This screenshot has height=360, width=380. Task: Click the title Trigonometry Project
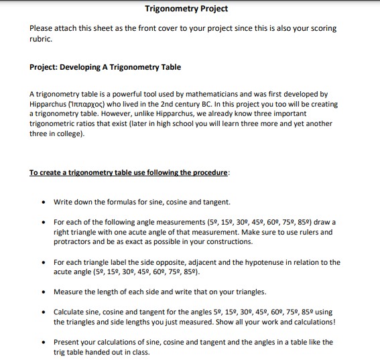tap(186, 9)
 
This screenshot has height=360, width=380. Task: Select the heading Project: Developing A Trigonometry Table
tap(105, 67)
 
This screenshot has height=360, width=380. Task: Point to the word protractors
tap(72, 241)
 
